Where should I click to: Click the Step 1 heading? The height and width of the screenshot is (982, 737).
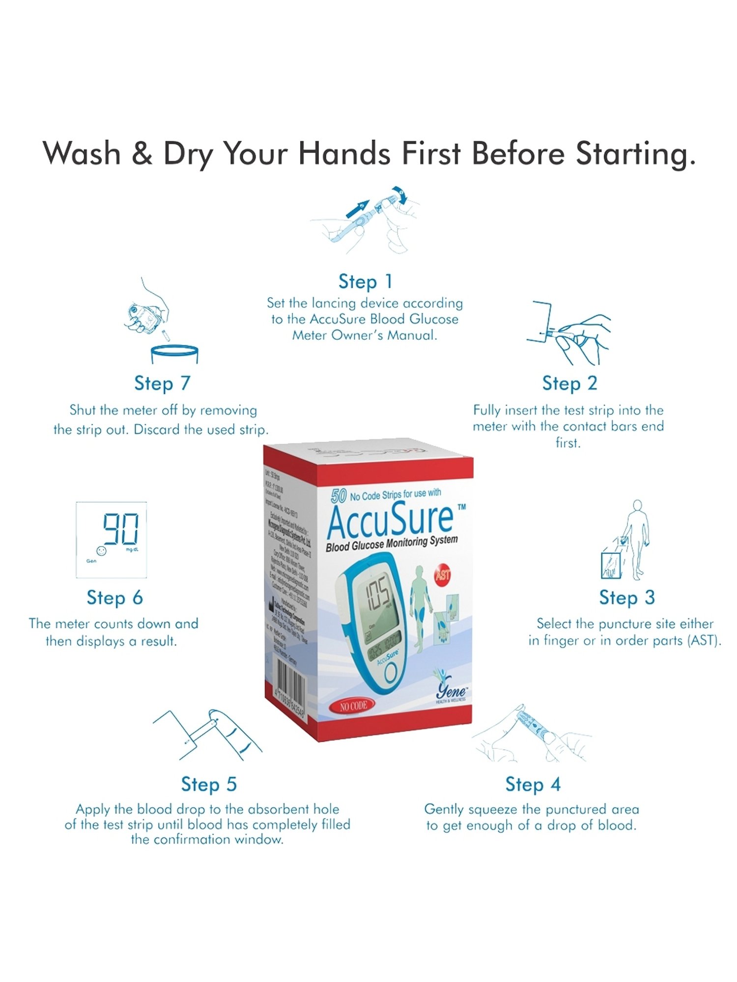(x=365, y=282)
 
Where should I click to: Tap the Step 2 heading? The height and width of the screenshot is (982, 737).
(x=569, y=383)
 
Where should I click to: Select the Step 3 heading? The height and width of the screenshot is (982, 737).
(x=626, y=598)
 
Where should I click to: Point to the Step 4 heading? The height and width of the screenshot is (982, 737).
(x=533, y=785)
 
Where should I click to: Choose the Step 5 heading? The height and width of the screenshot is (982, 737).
(x=209, y=785)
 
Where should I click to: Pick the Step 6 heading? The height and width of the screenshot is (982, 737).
(x=114, y=598)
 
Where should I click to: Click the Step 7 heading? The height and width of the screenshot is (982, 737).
(x=162, y=383)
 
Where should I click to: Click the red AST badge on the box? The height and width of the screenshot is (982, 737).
(x=443, y=574)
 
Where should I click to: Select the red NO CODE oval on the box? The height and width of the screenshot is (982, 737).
(x=353, y=706)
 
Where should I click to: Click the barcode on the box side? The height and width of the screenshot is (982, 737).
(x=288, y=687)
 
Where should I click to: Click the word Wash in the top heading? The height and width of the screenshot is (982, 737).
(x=82, y=153)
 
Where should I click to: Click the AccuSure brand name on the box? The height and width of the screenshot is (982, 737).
(x=391, y=519)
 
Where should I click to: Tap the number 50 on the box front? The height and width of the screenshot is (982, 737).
(x=339, y=496)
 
